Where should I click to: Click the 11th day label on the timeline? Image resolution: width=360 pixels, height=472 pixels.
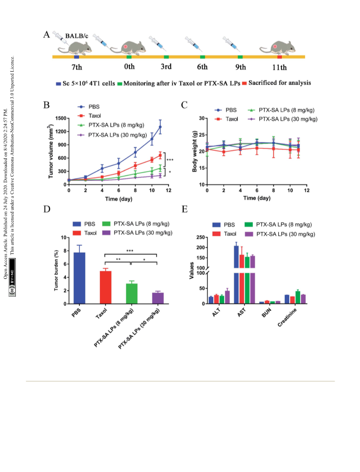[x=279, y=67]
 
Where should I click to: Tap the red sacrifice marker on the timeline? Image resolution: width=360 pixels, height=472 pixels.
[x=279, y=57]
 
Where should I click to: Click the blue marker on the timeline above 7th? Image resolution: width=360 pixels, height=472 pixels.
[x=77, y=57]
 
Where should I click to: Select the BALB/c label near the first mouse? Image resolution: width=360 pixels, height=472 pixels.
[x=77, y=36]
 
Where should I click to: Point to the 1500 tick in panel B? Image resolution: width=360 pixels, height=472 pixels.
[x=60, y=118]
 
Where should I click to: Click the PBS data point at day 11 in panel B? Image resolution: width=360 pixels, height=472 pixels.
[x=160, y=127]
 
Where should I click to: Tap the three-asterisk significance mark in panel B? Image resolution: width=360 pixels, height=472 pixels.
[x=170, y=160]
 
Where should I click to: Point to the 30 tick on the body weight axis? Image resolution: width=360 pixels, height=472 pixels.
[x=202, y=118]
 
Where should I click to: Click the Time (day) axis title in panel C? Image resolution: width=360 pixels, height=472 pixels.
[x=257, y=198]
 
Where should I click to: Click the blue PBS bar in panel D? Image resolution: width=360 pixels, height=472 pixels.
[x=79, y=278]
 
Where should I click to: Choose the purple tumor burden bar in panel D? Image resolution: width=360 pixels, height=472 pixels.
[x=158, y=298]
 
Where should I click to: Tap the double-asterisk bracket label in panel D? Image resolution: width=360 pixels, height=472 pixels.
[x=118, y=259]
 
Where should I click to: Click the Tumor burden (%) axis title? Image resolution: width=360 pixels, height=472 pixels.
[x=56, y=270]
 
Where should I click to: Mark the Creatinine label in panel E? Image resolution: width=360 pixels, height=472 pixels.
[x=287, y=317]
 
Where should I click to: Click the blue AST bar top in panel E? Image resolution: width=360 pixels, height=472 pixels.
[x=237, y=246]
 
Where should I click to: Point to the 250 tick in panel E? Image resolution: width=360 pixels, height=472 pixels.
[x=201, y=238]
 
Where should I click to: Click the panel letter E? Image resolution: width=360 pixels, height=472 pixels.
[x=185, y=209]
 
